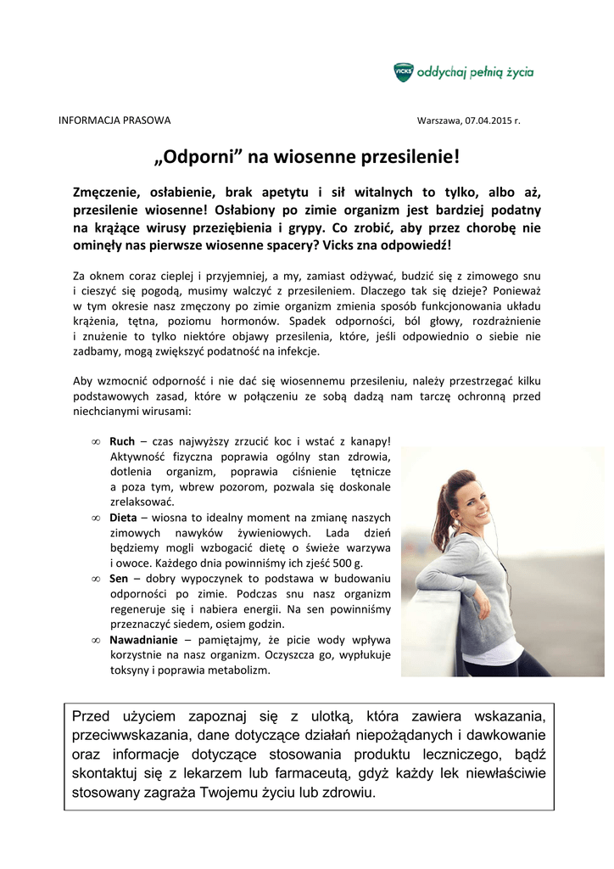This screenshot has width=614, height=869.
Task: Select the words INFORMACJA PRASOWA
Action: click(114, 120)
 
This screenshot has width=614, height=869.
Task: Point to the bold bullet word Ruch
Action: click(122, 442)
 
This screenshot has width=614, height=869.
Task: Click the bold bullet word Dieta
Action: click(124, 518)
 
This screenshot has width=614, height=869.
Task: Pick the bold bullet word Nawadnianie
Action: click(144, 640)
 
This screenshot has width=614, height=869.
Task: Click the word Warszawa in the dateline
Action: click(438, 120)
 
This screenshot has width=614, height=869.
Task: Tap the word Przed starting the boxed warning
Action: click(92, 715)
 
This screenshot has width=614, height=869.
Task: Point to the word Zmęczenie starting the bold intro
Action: click(112, 192)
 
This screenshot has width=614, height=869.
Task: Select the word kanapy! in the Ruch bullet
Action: click(371, 442)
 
